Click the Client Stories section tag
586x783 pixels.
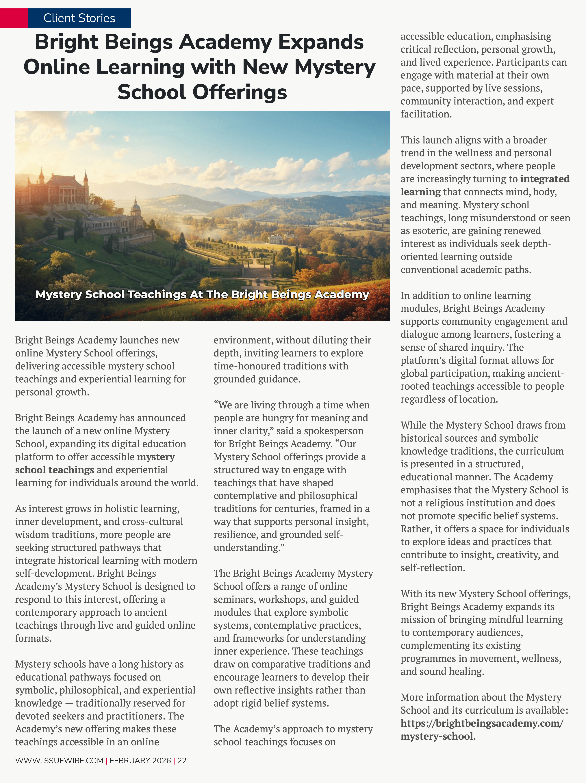coord(79,18)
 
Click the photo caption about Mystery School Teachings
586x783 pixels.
coord(202,294)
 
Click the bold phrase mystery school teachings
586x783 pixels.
coord(95,463)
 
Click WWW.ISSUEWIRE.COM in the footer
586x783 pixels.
coord(59,760)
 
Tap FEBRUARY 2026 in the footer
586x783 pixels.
coord(140,760)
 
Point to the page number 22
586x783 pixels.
coord(182,760)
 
